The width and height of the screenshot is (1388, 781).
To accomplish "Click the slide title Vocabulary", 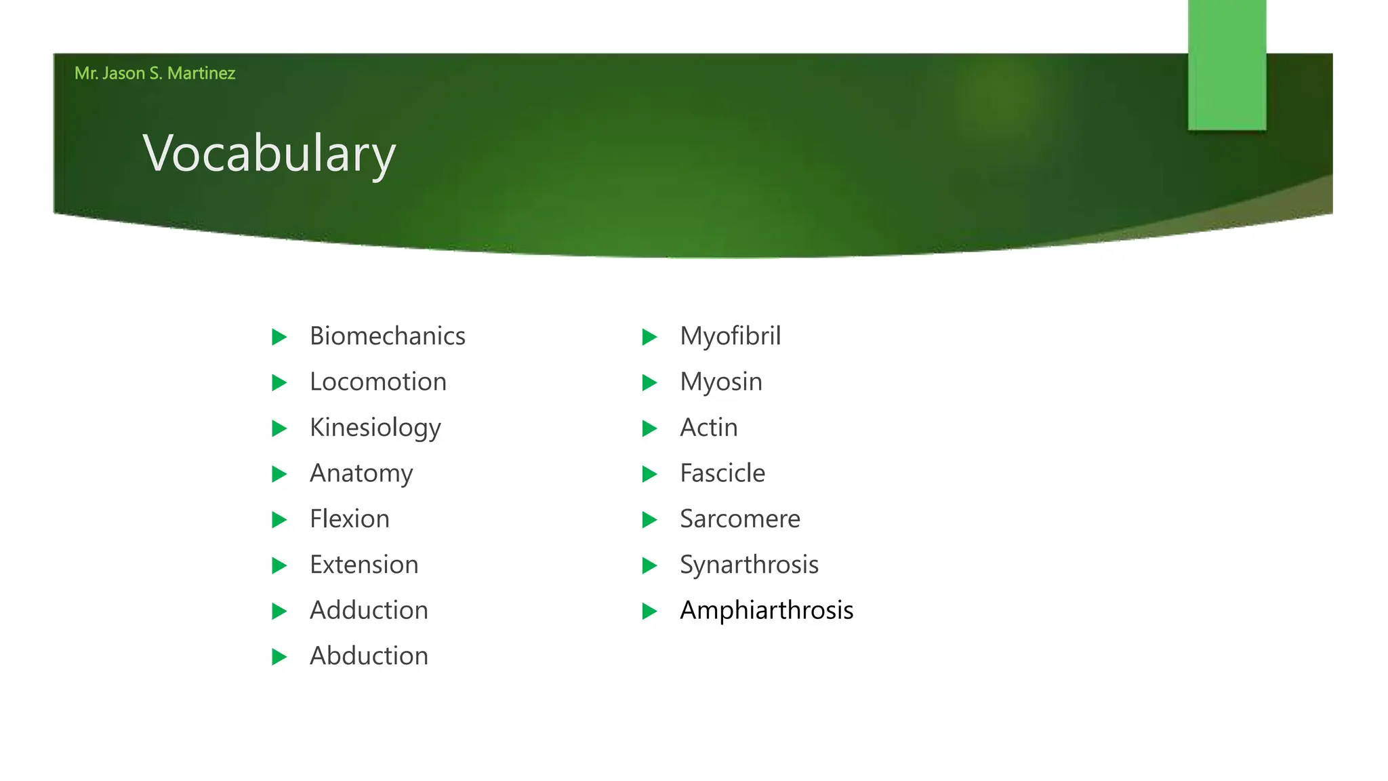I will click(x=269, y=154).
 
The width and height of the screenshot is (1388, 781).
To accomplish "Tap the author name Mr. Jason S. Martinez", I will click(x=155, y=73).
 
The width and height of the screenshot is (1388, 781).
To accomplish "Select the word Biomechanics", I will click(x=387, y=336).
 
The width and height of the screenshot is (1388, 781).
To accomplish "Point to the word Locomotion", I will click(x=377, y=382).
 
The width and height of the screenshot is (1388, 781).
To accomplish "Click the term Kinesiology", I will click(x=375, y=428).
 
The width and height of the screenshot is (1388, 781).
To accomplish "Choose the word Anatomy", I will click(x=361, y=473).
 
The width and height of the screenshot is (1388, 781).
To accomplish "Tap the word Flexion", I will click(x=349, y=519).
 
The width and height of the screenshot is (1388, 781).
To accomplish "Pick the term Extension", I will click(x=364, y=565).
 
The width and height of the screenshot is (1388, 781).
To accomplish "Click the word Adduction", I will click(x=369, y=610).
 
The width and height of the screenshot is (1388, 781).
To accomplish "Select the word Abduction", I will click(x=369, y=656).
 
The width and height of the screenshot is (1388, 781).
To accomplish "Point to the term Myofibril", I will click(x=730, y=336).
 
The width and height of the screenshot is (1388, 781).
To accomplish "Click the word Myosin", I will click(x=720, y=382).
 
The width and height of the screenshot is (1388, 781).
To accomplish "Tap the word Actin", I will click(x=708, y=428).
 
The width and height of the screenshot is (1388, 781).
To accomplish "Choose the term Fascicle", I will click(x=722, y=473).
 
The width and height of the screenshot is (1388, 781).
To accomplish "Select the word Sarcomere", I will click(x=739, y=519).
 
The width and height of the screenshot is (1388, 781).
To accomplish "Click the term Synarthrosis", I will click(x=749, y=565).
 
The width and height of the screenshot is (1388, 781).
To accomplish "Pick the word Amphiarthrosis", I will click(x=766, y=610).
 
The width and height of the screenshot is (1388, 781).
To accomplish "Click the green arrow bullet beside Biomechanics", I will click(x=279, y=337).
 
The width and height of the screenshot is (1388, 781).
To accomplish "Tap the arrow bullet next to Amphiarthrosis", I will click(x=649, y=611).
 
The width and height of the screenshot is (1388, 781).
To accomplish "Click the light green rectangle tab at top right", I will click(x=1227, y=64).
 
